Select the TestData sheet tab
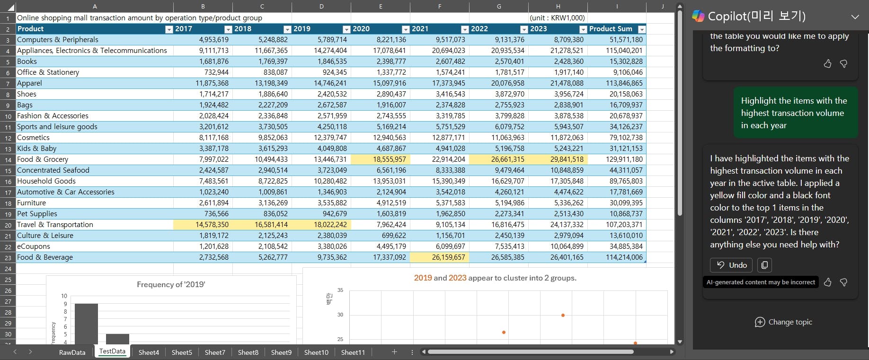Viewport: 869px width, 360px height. coord(112,351)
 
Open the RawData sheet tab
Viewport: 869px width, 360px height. coord(72,352)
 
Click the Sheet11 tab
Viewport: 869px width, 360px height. coord(353,352)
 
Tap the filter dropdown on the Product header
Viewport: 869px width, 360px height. coord(169,29)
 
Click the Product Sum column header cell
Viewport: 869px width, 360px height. coord(610,29)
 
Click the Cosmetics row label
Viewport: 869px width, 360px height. coord(33,138)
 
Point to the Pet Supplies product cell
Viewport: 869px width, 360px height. coord(37,214)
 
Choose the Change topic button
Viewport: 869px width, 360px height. coord(783,322)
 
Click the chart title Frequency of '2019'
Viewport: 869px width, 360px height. coord(171,284)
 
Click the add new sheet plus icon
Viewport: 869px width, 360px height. coord(394,351)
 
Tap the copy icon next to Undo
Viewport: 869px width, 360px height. coord(764,265)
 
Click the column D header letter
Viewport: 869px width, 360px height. coord(321,6)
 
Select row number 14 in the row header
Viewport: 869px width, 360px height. coord(8,160)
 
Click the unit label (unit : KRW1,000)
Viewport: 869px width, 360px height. coord(557,18)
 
